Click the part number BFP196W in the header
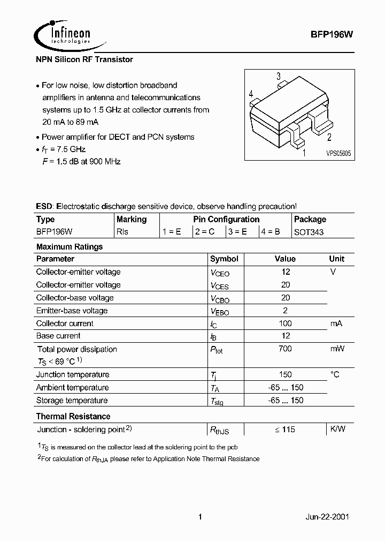coord(331,33)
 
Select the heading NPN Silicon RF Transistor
coord(84,59)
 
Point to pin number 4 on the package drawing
coord(251,95)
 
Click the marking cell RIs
coord(122,232)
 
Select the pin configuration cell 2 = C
coord(205,232)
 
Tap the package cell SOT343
coord(309,232)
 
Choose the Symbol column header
coord(224,259)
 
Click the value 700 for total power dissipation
coord(286,349)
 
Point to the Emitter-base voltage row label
coord(72,311)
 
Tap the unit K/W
coord(337,429)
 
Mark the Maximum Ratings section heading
coord(70,247)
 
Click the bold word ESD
coord(45,206)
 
